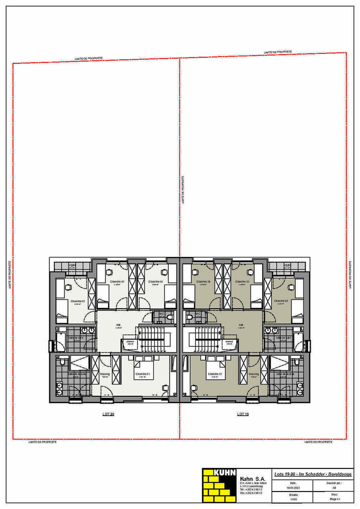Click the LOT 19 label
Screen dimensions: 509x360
tap(243, 414)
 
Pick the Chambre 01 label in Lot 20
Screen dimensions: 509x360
tap(142, 374)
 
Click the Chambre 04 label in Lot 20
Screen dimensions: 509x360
tap(155, 282)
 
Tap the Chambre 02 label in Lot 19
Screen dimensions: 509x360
tap(282, 301)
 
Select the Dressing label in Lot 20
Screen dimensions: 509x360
tap(105, 374)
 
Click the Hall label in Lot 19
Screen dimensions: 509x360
tap(241, 325)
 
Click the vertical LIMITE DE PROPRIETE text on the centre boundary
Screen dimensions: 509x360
tap(184, 190)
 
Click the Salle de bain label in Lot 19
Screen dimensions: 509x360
tap(283, 338)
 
